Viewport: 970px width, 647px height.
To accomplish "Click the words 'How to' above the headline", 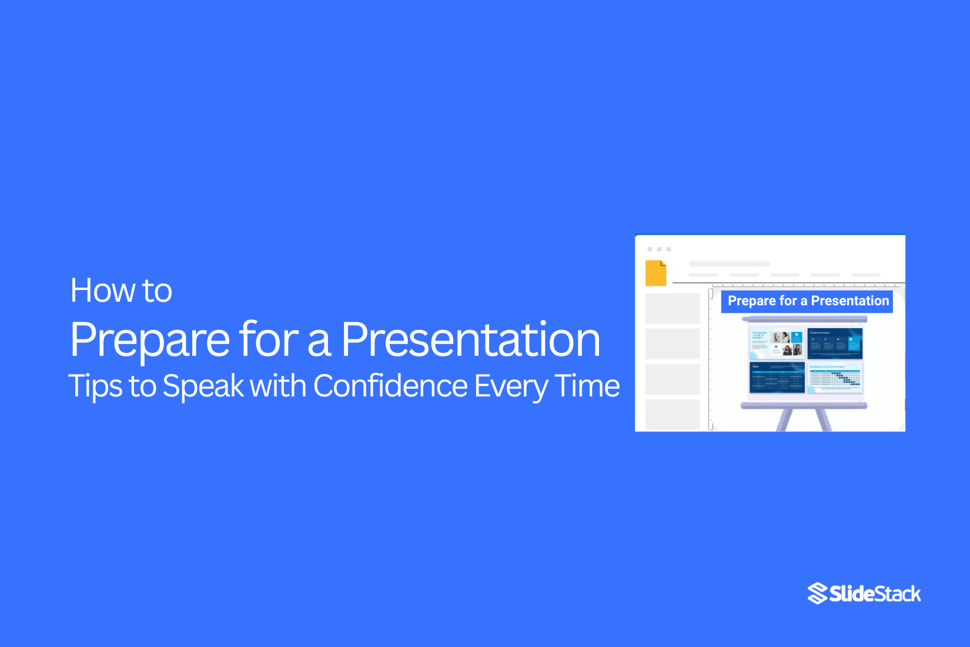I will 121,291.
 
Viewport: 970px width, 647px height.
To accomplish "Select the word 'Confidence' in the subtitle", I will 390,386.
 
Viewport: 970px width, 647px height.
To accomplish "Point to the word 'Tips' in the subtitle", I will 94,386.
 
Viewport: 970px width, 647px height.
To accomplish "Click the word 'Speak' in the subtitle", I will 203,386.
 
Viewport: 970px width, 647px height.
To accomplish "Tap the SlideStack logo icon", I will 817,593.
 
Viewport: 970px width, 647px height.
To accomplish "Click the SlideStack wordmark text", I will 875,594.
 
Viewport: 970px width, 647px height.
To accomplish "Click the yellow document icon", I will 655,273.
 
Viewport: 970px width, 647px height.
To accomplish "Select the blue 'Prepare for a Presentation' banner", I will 807,301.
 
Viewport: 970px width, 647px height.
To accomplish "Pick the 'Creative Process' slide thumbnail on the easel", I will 835,343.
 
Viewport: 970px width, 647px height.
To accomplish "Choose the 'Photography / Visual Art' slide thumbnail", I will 777,343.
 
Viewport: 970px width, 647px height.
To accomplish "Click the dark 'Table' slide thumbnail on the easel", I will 777,377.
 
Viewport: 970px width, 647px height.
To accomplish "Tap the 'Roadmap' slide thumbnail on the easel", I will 835,377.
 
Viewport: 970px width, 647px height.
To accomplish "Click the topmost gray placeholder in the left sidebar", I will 673,308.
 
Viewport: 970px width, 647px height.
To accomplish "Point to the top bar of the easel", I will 804,319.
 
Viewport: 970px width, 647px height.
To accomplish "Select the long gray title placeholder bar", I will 729,264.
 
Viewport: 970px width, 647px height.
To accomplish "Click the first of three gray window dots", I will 650,249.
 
